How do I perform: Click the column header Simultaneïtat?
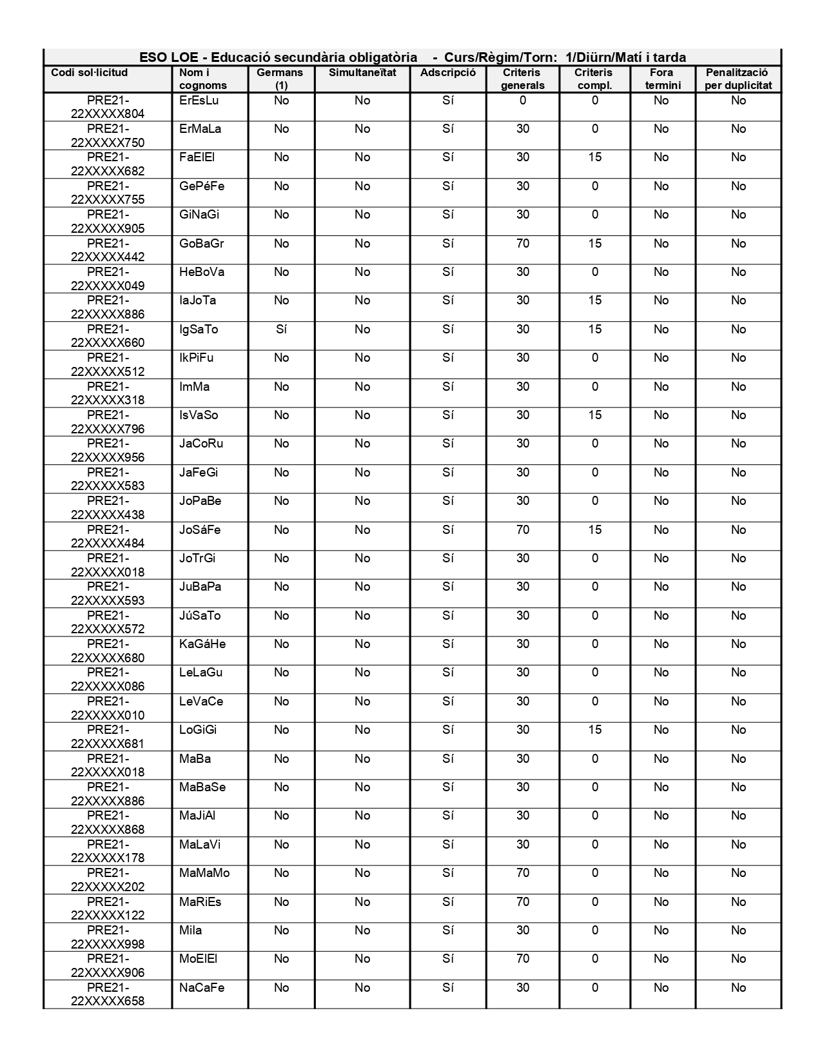(362, 73)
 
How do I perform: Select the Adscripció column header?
(448, 73)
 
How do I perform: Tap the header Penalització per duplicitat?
(738, 79)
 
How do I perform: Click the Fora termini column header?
(662, 79)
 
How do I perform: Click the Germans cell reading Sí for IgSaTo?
(281, 330)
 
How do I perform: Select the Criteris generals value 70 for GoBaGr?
(523, 244)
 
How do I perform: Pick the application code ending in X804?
(108, 107)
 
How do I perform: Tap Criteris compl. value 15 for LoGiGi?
(594, 730)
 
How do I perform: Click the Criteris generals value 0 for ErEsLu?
(523, 101)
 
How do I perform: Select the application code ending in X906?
(108, 965)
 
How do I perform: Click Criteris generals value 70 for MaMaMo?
(523, 873)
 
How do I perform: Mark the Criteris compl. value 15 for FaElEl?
(594, 157)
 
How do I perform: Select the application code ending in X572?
(108, 622)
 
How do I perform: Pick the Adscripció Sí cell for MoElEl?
(448, 959)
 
